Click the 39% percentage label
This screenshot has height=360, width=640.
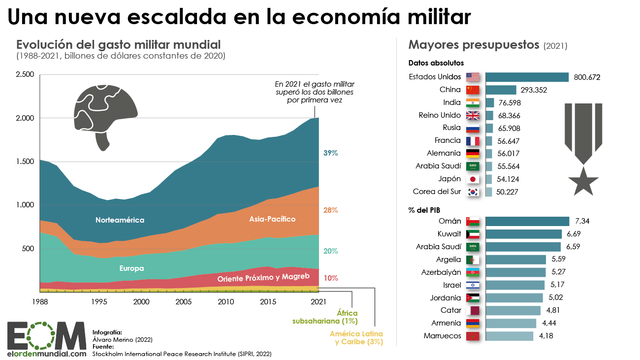329,153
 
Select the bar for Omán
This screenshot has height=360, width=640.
523,220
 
